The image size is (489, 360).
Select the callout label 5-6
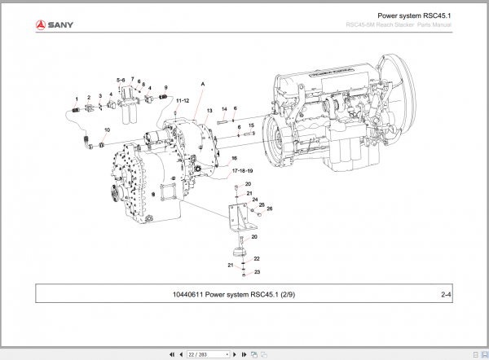point(121,80)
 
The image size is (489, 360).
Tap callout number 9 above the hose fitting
point(165,87)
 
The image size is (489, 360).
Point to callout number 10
point(107,130)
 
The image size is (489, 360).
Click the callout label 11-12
point(183,99)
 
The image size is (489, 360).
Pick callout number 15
point(251,125)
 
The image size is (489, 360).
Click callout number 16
point(233,158)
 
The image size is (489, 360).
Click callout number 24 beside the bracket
point(253,200)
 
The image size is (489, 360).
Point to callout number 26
point(270,209)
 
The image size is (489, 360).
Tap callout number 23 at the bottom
point(257,272)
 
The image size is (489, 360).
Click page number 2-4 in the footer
point(446,294)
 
